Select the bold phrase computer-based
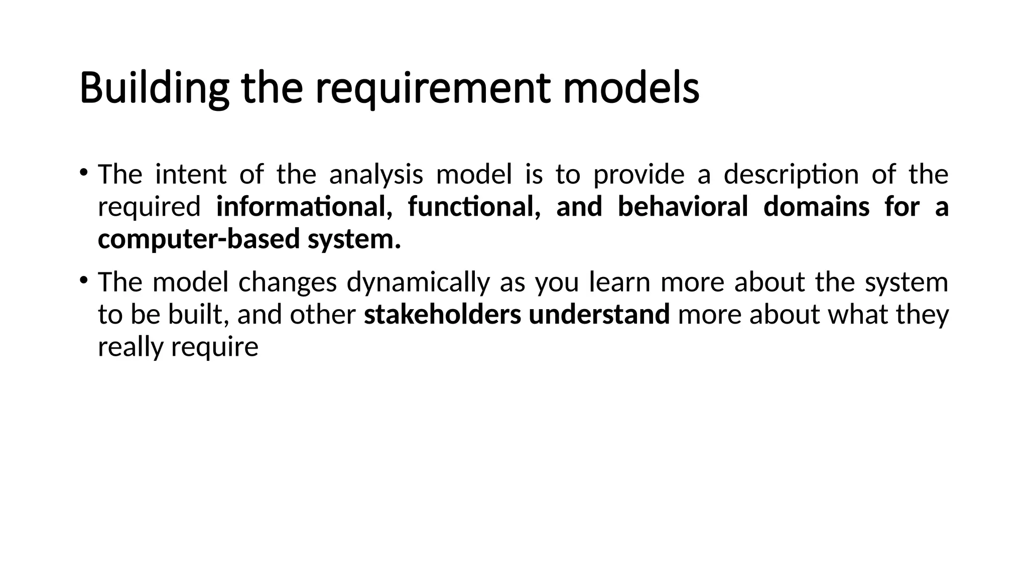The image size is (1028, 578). coord(199,238)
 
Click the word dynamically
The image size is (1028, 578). coord(418,282)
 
